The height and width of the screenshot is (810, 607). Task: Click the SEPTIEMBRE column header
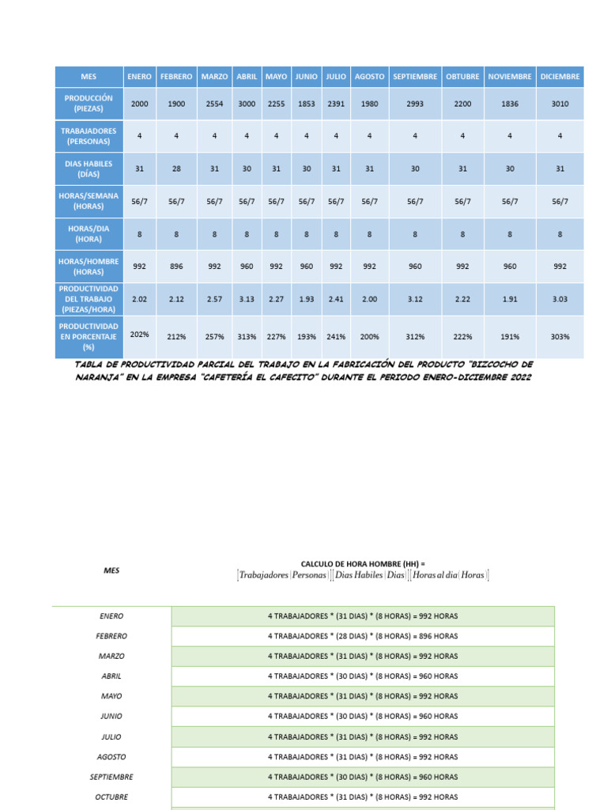point(415,77)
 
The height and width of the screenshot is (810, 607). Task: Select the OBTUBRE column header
point(462,77)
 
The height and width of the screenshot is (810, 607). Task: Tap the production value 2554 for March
point(214,104)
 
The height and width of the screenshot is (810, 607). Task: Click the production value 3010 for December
point(560,104)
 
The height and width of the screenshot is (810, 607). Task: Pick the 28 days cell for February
point(176,168)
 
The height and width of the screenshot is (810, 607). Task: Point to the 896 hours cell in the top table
point(176,267)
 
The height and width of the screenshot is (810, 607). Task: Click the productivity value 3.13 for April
point(247,299)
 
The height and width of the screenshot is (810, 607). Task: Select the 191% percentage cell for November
point(510,336)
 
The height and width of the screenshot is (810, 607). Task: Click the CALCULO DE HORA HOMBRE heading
point(363,563)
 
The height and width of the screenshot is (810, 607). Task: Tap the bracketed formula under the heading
point(363,576)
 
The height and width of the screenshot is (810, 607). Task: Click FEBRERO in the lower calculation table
point(111,636)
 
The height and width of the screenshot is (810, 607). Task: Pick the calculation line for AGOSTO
point(363,757)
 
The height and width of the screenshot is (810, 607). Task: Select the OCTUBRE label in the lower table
point(111,797)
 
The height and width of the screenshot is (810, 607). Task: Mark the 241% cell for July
point(336,336)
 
